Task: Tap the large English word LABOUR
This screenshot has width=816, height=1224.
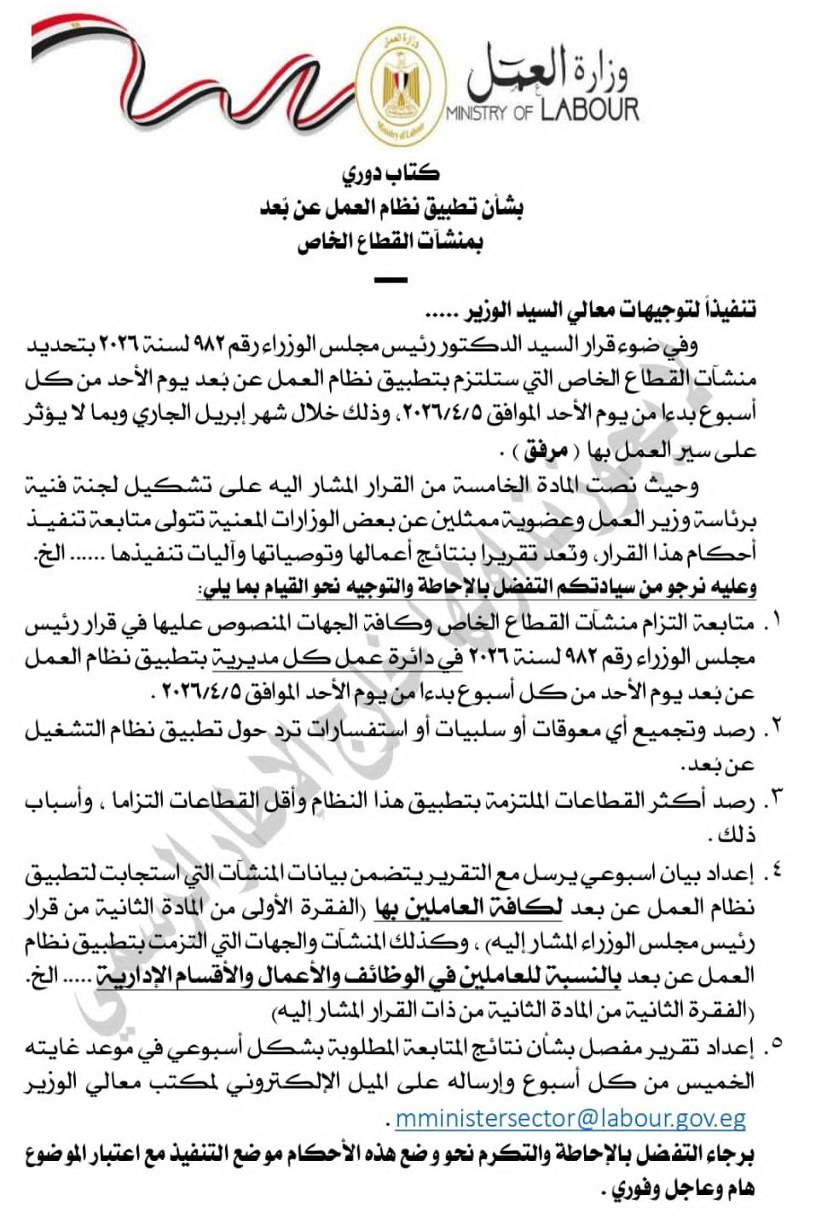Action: click(588, 110)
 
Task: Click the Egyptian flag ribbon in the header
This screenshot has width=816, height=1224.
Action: click(188, 68)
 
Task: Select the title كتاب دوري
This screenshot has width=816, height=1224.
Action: click(391, 174)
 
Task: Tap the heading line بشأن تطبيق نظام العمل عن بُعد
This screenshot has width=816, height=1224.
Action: click(391, 208)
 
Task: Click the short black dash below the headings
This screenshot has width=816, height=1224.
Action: click(391, 280)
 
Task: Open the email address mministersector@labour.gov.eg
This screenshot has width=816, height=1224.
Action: click(570, 1118)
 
